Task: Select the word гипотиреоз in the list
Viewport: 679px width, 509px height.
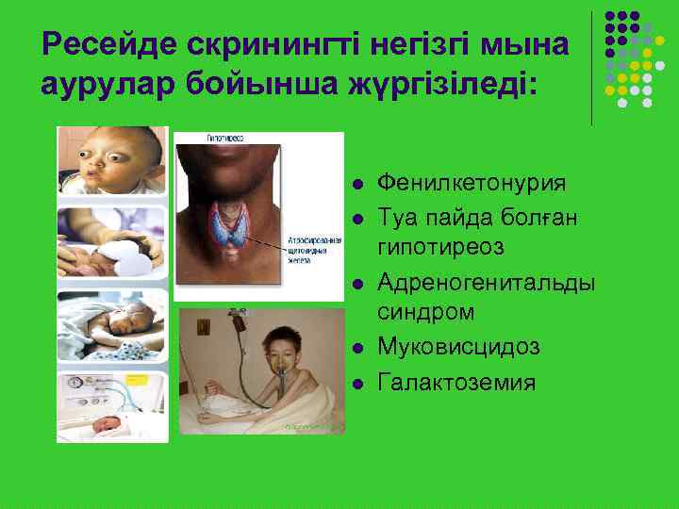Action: click(x=441, y=247)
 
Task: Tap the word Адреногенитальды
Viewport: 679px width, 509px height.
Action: click(x=486, y=282)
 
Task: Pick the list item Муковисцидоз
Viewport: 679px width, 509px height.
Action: click(x=458, y=347)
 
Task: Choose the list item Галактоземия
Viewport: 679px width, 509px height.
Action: click(x=456, y=382)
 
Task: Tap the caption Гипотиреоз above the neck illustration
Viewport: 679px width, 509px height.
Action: click(x=225, y=138)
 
